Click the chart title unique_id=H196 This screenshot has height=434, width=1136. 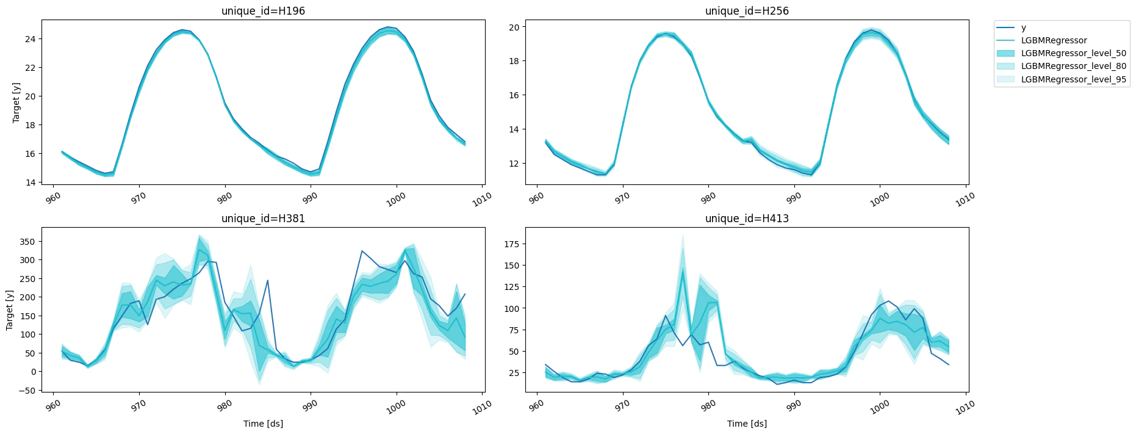263,11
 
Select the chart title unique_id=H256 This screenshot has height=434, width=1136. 747,11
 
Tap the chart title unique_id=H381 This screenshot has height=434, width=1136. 263,219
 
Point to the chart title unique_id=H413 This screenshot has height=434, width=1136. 747,219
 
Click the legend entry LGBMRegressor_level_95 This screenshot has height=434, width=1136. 1073,79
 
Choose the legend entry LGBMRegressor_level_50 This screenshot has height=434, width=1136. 1073,53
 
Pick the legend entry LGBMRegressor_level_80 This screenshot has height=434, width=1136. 1073,66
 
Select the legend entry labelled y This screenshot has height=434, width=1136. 1023,27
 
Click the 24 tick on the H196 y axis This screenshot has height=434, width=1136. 30,39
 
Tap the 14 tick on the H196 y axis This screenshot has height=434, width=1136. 30,183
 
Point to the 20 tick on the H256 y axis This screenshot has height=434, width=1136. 514,27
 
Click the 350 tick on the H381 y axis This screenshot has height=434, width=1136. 27,242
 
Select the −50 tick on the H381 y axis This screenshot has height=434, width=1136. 26,390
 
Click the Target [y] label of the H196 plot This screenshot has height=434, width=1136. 16,103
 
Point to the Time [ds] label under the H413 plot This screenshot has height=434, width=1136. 747,424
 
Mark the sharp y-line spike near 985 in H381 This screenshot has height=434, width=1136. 267,281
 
